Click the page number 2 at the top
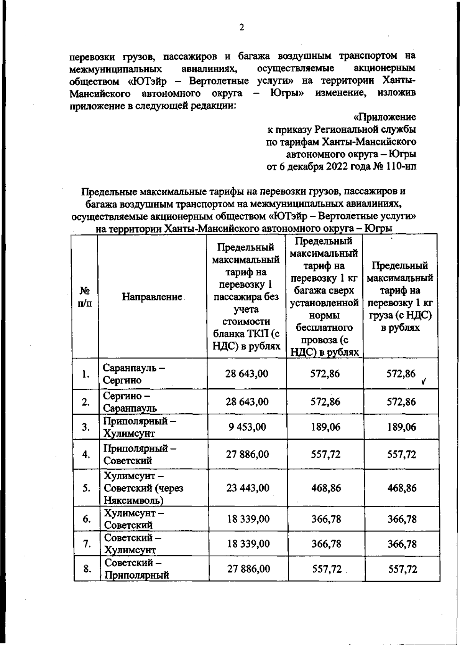242,28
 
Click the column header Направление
152,297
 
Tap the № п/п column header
85,297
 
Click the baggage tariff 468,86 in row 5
325,488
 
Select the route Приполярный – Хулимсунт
140,427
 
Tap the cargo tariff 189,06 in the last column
401,427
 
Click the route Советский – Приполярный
136,569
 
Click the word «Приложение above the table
384,116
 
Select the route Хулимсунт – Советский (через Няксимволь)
143,488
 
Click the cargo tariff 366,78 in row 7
402,544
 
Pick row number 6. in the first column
87,519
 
